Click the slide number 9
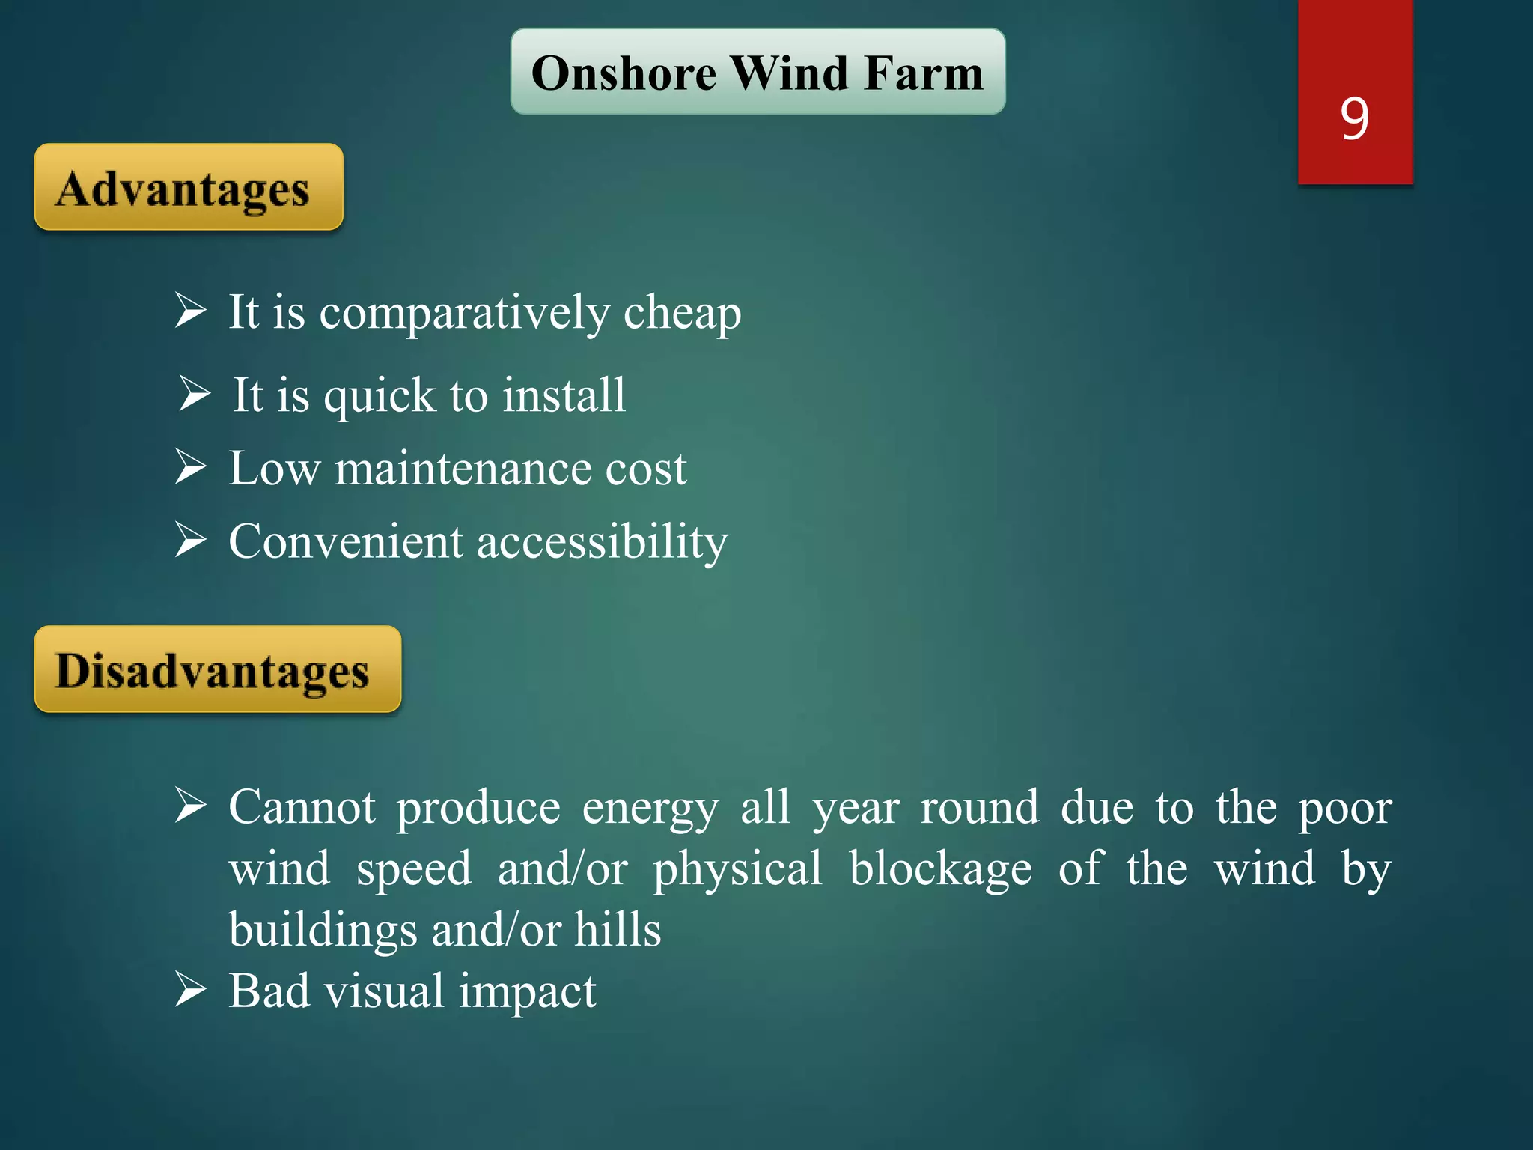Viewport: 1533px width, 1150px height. point(1355,118)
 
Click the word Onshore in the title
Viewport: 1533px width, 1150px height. point(624,73)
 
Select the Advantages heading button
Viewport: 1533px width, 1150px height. point(189,187)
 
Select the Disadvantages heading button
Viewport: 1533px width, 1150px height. point(217,669)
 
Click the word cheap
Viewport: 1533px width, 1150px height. point(682,313)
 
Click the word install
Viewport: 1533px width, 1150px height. point(564,395)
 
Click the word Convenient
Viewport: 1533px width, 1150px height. point(346,541)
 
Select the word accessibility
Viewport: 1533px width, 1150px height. point(602,543)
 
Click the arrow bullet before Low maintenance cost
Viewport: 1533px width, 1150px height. point(191,466)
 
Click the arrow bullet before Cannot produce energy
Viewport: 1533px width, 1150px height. point(191,805)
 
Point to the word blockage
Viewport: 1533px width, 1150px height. point(940,870)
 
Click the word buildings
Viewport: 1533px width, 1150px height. point(323,931)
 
